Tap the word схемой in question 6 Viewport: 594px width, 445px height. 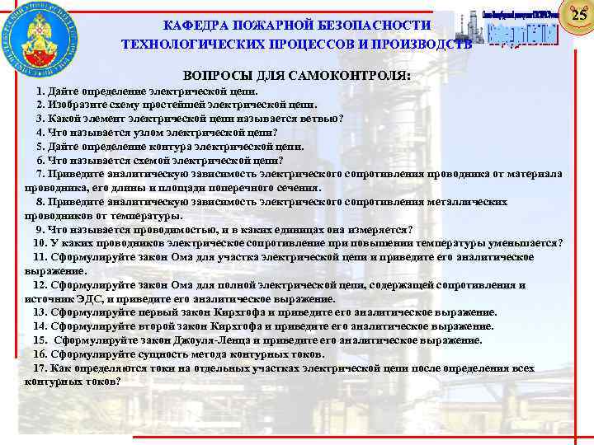point(149,160)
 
